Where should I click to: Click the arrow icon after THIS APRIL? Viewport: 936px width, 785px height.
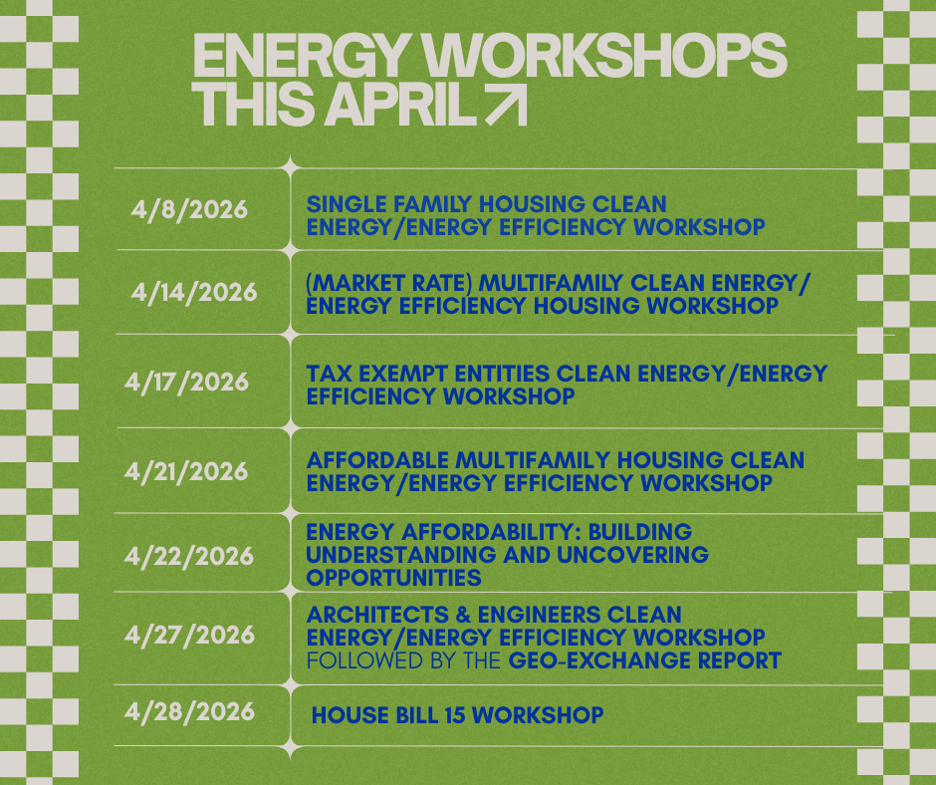[x=507, y=104]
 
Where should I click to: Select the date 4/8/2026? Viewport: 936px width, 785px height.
[x=189, y=210]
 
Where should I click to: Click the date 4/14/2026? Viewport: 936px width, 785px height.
[x=194, y=293]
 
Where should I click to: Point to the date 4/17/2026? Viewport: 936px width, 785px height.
[x=186, y=383]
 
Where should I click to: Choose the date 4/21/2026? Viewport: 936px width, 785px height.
[x=186, y=472]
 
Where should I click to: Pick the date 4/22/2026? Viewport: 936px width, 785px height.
[x=189, y=557]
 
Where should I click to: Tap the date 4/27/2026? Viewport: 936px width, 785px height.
[x=189, y=635]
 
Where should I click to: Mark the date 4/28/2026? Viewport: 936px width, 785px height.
[x=189, y=712]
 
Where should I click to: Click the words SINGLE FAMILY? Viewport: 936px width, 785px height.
[x=389, y=204]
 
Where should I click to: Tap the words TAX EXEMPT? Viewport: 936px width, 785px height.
[x=376, y=374]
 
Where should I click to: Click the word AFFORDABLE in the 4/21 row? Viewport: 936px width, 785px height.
[x=377, y=460]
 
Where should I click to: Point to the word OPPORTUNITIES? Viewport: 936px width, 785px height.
[x=394, y=579]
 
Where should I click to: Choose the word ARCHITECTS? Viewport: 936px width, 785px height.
[x=377, y=615]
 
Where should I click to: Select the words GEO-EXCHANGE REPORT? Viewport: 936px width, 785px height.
[x=644, y=660]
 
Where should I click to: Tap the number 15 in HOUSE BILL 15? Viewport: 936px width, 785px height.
[x=455, y=715]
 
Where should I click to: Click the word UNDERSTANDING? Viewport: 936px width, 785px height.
[x=400, y=555]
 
